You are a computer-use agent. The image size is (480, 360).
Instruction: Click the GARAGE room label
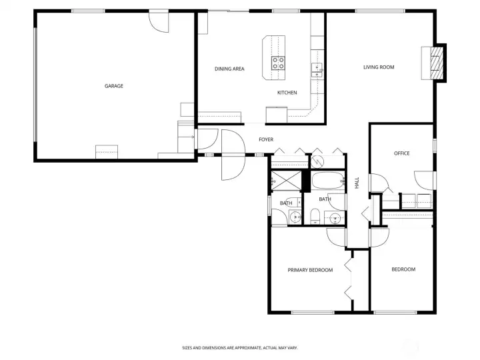pos(113,85)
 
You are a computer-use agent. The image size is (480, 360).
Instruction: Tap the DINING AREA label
pos(229,69)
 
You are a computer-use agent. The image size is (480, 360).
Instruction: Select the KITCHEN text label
pos(287,93)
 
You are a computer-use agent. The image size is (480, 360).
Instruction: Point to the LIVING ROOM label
pos(379,67)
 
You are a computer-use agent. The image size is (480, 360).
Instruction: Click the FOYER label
pos(266,139)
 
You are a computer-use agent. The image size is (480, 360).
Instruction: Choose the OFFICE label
pos(401,153)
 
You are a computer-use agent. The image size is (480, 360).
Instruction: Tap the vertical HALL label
pos(357,183)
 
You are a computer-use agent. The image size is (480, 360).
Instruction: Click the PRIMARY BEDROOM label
pos(310,270)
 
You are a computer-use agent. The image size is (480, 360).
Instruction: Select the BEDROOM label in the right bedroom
pos(403,269)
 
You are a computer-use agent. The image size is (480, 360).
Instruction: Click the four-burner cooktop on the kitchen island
pos(278,63)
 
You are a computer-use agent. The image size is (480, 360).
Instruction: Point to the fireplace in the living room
pos(437,63)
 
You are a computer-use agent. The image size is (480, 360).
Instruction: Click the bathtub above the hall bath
pos(328,180)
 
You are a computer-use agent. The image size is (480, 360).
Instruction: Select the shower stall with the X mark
pos(285,181)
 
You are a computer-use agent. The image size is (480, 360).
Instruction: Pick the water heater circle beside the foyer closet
pos(318,161)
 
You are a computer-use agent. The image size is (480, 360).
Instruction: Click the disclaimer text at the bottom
pos(240,347)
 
